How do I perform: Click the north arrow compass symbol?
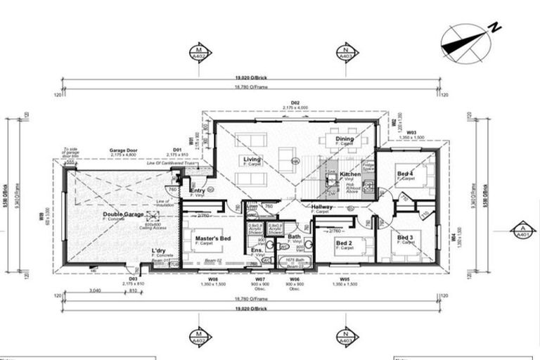tap(465, 41)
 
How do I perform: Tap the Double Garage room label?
tap(122, 214)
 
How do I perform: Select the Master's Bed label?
tap(213, 240)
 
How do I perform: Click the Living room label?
tap(252, 160)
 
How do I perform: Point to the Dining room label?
tap(345, 139)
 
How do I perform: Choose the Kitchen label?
tap(350, 174)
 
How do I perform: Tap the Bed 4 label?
tap(406, 174)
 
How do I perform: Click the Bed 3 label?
tap(406, 238)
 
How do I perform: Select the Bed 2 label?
tap(344, 243)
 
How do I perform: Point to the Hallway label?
tap(322, 207)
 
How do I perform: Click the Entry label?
tap(198, 191)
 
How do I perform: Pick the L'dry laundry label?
tap(159, 250)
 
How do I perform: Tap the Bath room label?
tap(294, 236)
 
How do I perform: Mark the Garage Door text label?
tap(122, 150)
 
